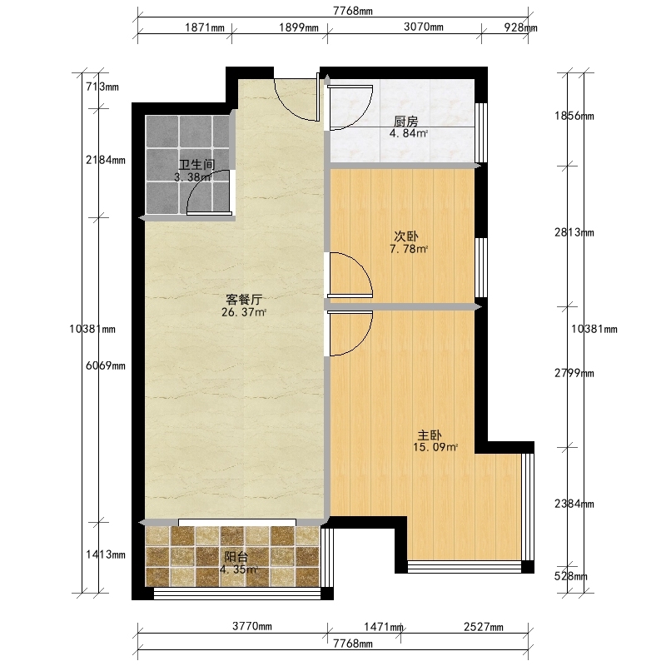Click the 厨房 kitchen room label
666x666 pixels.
click(x=406, y=122)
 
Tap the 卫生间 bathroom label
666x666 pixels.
click(x=196, y=165)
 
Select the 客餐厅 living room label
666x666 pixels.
click(x=244, y=300)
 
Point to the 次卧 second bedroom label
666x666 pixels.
click(x=406, y=236)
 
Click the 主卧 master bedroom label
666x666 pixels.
click(x=430, y=435)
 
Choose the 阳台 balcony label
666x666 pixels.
click(x=236, y=557)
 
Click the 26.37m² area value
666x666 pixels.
click(x=244, y=313)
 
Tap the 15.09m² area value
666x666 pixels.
click(x=435, y=447)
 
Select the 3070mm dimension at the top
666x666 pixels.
click(x=424, y=27)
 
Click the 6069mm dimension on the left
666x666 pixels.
click(x=106, y=365)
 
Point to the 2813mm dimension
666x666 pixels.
click(x=574, y=232)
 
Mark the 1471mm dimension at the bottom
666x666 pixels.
click(x=384, y=627)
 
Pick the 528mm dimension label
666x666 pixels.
click(x=571, y=576)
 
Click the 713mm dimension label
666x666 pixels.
click(x=102, y=87)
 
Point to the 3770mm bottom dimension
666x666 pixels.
click(x=252, y=627)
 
